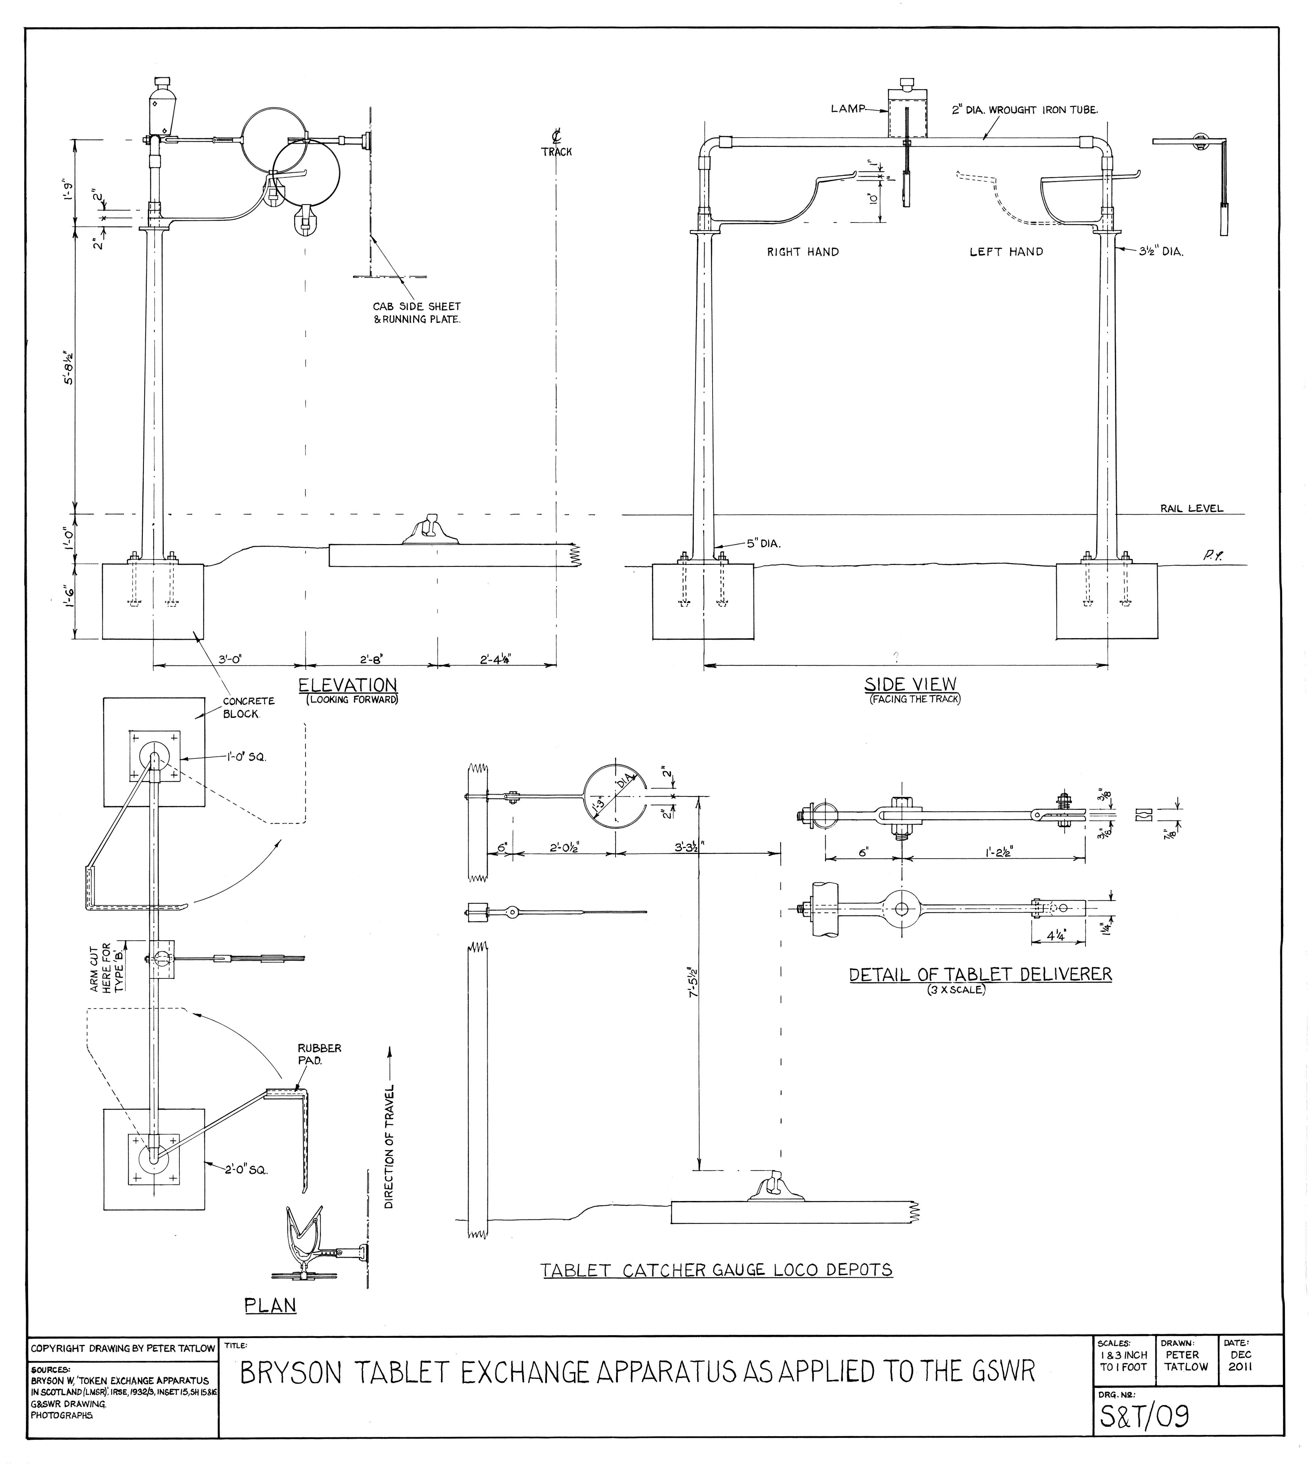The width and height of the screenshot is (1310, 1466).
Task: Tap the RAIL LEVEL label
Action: pos(1191,508)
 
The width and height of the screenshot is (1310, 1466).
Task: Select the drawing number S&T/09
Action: pos(1144,1416)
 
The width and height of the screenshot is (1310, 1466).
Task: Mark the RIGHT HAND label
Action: pos(803,252)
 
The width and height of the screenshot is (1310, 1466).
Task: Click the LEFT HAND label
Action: pos(1005,252)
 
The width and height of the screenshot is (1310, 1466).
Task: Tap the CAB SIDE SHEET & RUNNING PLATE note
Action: pos(417,313)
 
